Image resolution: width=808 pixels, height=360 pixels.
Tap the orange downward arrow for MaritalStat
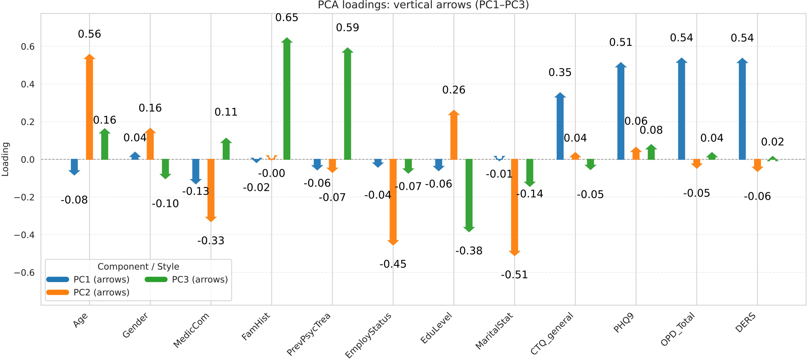[514, 207]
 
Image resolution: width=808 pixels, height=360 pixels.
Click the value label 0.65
[287, 18]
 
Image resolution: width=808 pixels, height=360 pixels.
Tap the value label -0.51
[514, 275]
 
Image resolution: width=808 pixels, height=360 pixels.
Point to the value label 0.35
[560, 72]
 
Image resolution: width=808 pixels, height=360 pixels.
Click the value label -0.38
[469, 251]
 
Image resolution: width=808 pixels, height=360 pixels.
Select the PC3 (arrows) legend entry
[186, 280]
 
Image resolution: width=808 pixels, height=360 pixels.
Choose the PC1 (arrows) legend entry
[88, 280]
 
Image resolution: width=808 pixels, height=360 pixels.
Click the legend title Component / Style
[138, 267]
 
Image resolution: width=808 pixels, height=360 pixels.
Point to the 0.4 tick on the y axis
[28, 84]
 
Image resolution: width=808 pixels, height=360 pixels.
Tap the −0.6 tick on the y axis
[24, 273]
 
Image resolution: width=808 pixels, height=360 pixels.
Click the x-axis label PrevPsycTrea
[309, 334]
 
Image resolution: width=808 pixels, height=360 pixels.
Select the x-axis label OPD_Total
[677, 329]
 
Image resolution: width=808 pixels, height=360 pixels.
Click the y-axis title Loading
[5, 159]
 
